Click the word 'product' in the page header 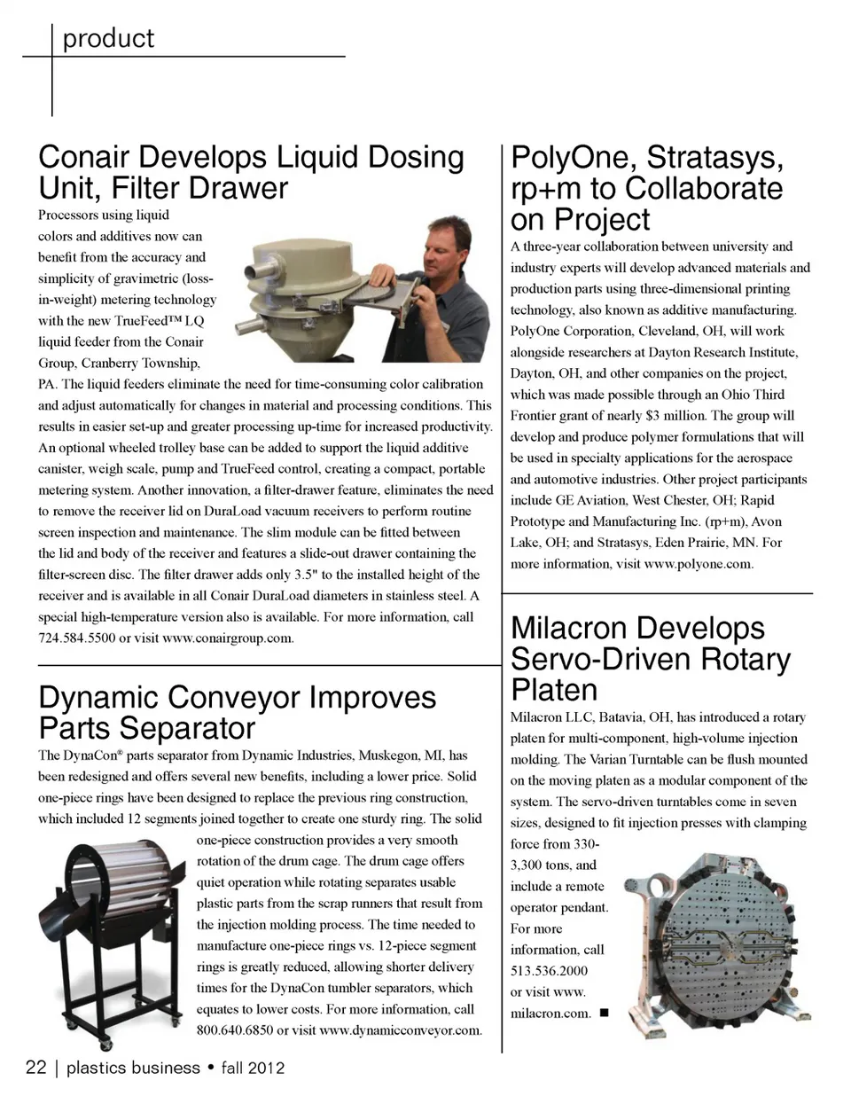pos(108,39)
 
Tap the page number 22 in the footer pos(35,1068)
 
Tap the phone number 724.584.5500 pos(76,638)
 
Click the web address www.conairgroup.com pos(227,638)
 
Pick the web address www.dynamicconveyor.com pos(400,1030)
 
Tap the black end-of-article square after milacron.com pos(604,1013)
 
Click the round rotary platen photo pos(720,938)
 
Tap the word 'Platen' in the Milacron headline pos(554,690)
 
